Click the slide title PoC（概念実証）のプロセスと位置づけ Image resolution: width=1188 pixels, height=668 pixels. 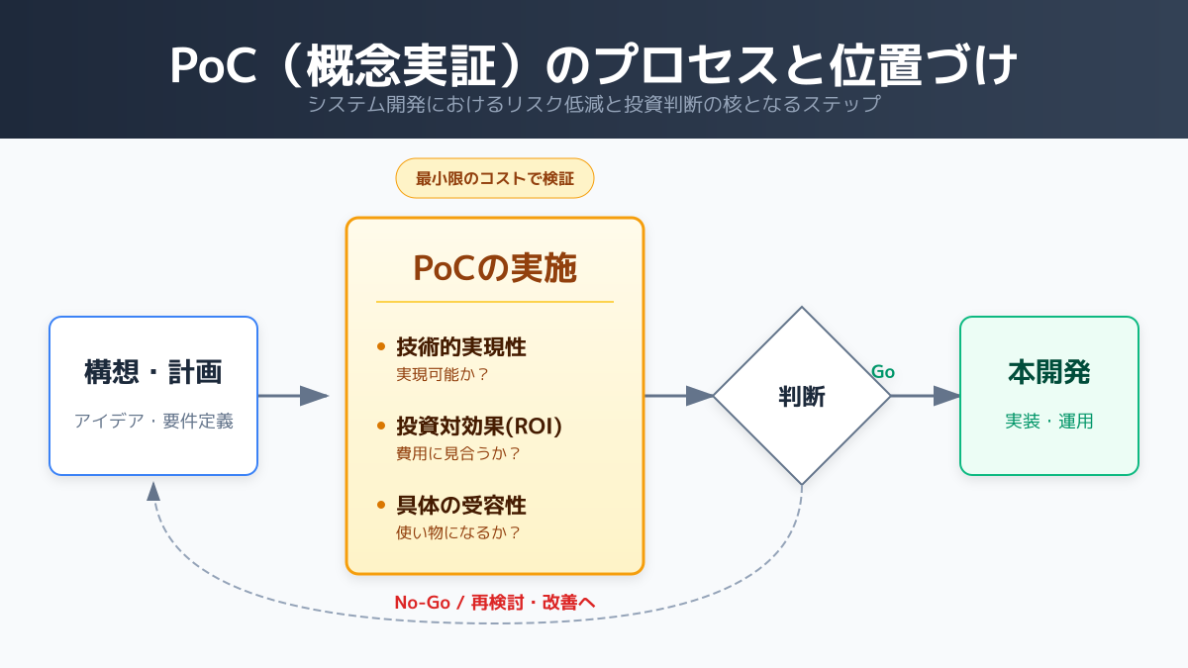593,65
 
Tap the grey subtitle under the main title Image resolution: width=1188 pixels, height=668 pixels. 594,104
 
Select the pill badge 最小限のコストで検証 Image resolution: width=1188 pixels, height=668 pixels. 495,178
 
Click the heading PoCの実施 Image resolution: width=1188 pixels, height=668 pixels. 495,268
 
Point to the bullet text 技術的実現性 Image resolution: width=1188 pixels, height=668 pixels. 461,347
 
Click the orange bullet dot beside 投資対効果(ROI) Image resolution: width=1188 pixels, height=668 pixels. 381,426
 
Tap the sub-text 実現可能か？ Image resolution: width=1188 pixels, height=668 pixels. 442,375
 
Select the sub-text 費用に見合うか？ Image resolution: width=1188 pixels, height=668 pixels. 458,454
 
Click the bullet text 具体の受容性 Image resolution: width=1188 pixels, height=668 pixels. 461,506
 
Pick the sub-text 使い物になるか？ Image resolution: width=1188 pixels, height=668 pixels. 458,532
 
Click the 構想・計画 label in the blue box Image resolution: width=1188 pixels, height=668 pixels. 153,372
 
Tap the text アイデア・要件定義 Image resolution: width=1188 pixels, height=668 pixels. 153,421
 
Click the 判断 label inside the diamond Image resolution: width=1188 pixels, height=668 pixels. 801,397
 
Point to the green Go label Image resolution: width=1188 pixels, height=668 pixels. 883,372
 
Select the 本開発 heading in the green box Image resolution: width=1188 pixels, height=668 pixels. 1049,372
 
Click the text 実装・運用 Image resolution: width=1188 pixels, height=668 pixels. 1049,421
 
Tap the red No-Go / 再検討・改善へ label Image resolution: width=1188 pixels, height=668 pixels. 495,603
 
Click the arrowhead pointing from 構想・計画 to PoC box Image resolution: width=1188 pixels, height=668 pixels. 314,396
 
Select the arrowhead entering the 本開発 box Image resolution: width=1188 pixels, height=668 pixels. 946,396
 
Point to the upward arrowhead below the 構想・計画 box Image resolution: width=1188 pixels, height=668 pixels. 153,492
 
